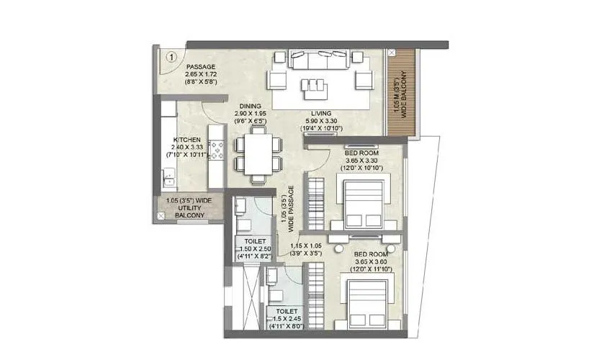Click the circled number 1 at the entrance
coord(172,55)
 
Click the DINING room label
coord(250,106)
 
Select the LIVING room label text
coord(321,114)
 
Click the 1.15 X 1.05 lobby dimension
coord(307,246)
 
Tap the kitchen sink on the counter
coord(168,175)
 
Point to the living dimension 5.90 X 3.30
coord(321,122)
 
